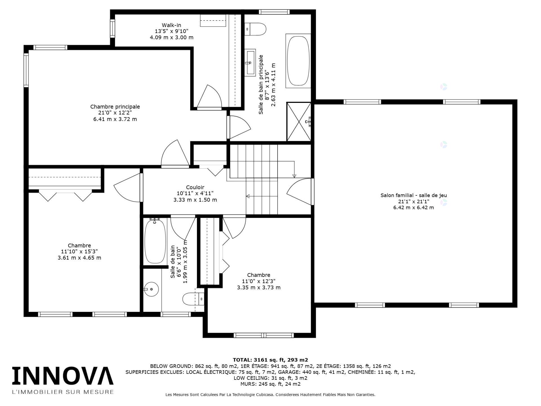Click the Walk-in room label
coord(171,25)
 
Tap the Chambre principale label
coord(115,107)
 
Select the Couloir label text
coord(195,187)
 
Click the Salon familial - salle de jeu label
coord(414,195)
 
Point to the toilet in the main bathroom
coord(255,29)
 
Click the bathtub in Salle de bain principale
coord(298,61)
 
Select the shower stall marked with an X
coord(299,122)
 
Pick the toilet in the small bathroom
coord(193,299)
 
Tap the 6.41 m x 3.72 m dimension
coord(115,119)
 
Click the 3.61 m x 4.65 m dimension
coord(79,258)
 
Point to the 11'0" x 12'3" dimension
coord(259,281)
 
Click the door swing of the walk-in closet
coord(208,96)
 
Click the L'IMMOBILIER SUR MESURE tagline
coord(63,392)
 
